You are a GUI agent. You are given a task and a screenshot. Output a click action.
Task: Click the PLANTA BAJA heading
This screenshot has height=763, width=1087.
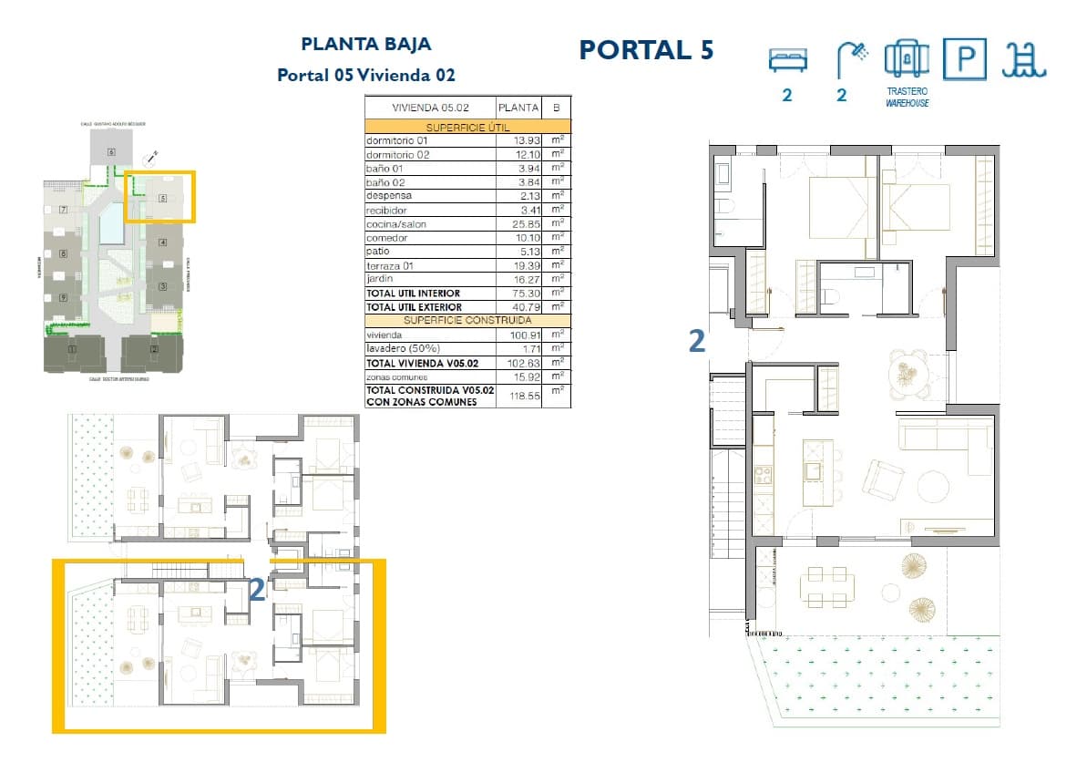coord(365,44)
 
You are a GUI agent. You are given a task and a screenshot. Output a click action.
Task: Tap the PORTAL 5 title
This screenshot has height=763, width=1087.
coord(646,50)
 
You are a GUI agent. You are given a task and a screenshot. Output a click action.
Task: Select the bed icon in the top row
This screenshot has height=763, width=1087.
coord(786,60)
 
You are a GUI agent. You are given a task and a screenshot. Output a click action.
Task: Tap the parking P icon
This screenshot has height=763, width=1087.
coord(964,60)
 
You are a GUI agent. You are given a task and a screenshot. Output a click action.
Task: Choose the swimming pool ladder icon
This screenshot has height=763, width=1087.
coord(1024,60)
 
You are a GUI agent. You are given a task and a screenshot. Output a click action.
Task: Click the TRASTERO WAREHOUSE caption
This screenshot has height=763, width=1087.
coord(907,98)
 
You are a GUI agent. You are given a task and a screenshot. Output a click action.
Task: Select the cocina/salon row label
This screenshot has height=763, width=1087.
coord(396,224)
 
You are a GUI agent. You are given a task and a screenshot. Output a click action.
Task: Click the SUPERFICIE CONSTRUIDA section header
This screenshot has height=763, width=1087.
coord(467,320)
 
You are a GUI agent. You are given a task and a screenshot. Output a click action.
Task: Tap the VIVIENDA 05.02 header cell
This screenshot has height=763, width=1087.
coord(429,107)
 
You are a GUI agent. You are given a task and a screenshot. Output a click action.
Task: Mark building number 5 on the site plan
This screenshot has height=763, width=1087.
coord(162,197)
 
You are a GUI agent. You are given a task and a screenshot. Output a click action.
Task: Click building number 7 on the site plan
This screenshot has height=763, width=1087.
coord(63,210)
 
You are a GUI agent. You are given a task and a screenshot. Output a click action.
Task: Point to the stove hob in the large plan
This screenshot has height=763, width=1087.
coord(762,474)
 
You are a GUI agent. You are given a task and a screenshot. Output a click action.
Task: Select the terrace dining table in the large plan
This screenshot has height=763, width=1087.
coord(827,587)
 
